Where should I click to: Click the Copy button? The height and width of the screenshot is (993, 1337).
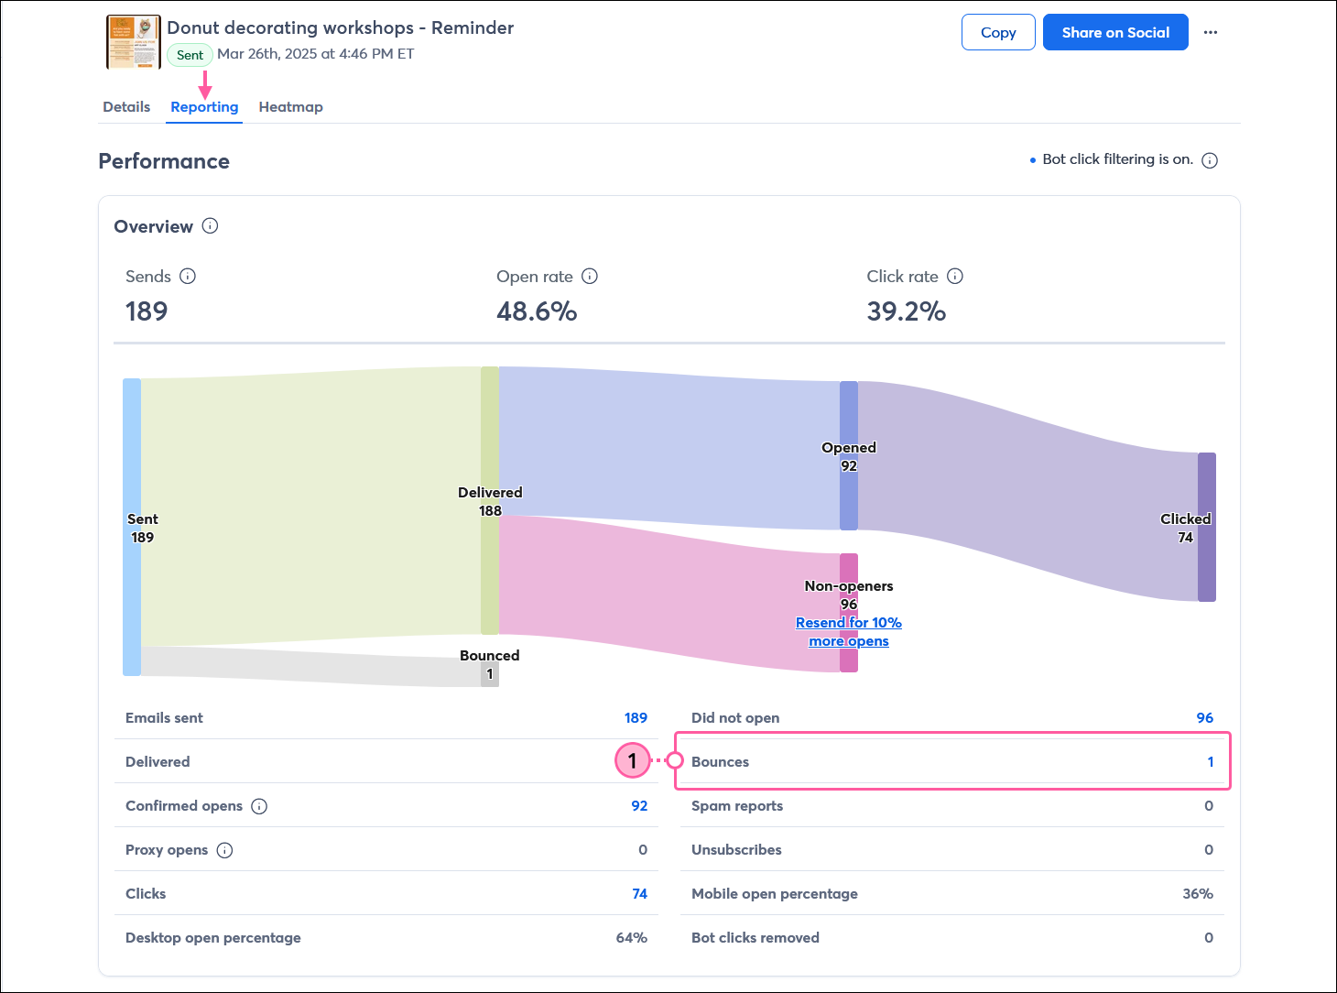[998, 32]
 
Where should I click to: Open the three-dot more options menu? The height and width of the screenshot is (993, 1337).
[1211, 32]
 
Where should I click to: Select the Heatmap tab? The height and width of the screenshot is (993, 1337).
[290, 107]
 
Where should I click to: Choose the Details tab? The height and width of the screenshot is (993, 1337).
[126, 107]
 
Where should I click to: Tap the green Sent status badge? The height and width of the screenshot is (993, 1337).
[190, 55]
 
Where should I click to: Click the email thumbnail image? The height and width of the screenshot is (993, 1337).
[134, 42]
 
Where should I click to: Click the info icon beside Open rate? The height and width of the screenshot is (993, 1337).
[590, 276]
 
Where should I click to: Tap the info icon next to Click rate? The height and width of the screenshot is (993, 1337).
[955, 276]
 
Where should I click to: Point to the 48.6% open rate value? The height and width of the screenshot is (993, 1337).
[537, 311]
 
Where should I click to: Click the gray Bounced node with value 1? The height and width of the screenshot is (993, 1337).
[490, 674]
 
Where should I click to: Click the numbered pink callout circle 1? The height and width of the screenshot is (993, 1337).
[632, 760]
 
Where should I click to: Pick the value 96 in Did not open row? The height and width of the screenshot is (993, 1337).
[1204, 718]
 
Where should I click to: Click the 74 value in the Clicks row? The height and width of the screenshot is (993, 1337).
[639, 894]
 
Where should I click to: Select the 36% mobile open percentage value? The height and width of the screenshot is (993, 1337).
[1197, 894]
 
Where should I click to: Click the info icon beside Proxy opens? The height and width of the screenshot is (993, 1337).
[224, 850]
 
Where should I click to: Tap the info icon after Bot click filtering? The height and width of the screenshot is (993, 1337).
[1210, 160]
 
